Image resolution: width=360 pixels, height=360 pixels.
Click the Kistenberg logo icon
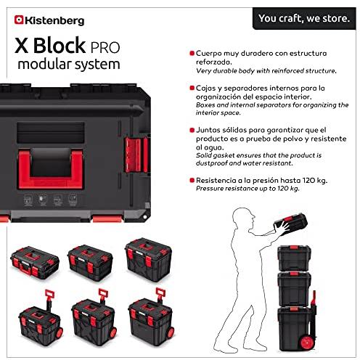(x=19, y=20)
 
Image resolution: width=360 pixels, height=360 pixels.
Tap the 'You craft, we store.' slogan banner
(x=304, y=18)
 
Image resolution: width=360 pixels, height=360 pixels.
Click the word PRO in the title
(x=105, y=47)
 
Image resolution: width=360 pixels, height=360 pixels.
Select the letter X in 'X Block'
(x=21, y=46)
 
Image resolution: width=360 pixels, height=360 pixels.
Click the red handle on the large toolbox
(x=51, y=169)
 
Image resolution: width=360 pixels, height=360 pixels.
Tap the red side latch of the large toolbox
(x=136, y=155)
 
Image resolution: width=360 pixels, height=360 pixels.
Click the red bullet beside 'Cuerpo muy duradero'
(x=192, y=53)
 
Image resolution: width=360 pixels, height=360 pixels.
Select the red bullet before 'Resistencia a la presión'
(x=192, y=180)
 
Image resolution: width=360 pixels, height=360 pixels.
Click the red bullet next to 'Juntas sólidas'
(x=192, y=130)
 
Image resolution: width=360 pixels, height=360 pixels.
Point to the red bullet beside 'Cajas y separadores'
(x=192, y=88)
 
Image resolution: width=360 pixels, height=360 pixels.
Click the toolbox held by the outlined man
(x=290, y=224)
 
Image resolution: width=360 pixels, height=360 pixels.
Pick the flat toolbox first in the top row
(x=35, y=263)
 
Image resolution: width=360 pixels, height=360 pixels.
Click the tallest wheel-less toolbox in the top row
(x=148, y=260)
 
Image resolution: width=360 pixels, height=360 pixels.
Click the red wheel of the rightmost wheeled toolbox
(x=171, y=332)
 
